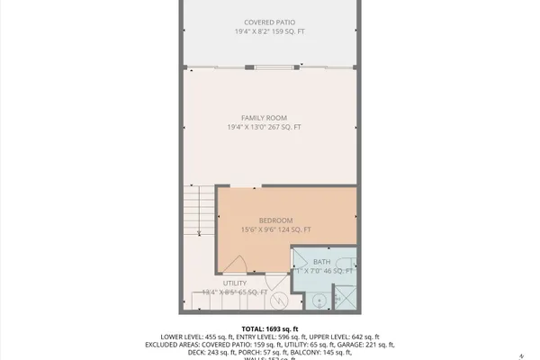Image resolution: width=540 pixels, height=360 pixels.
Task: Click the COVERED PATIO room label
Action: click(269, 22)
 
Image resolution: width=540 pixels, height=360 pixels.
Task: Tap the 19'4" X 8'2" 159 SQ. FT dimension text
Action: click(269, 31)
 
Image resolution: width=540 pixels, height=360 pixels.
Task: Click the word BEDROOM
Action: click(275, 220)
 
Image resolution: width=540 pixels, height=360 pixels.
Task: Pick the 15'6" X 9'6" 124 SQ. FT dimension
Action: click(275, 230)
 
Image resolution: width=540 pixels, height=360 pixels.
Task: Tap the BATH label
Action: click(322, 261)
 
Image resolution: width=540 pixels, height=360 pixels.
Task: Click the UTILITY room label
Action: click(235, 283)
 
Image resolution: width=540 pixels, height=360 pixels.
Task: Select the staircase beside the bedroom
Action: click(200, 211)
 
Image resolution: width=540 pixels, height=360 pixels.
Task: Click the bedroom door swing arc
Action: click(236, 263)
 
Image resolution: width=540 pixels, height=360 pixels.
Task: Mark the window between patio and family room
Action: click(267, 67)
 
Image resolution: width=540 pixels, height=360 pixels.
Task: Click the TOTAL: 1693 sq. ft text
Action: click(269, 328)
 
